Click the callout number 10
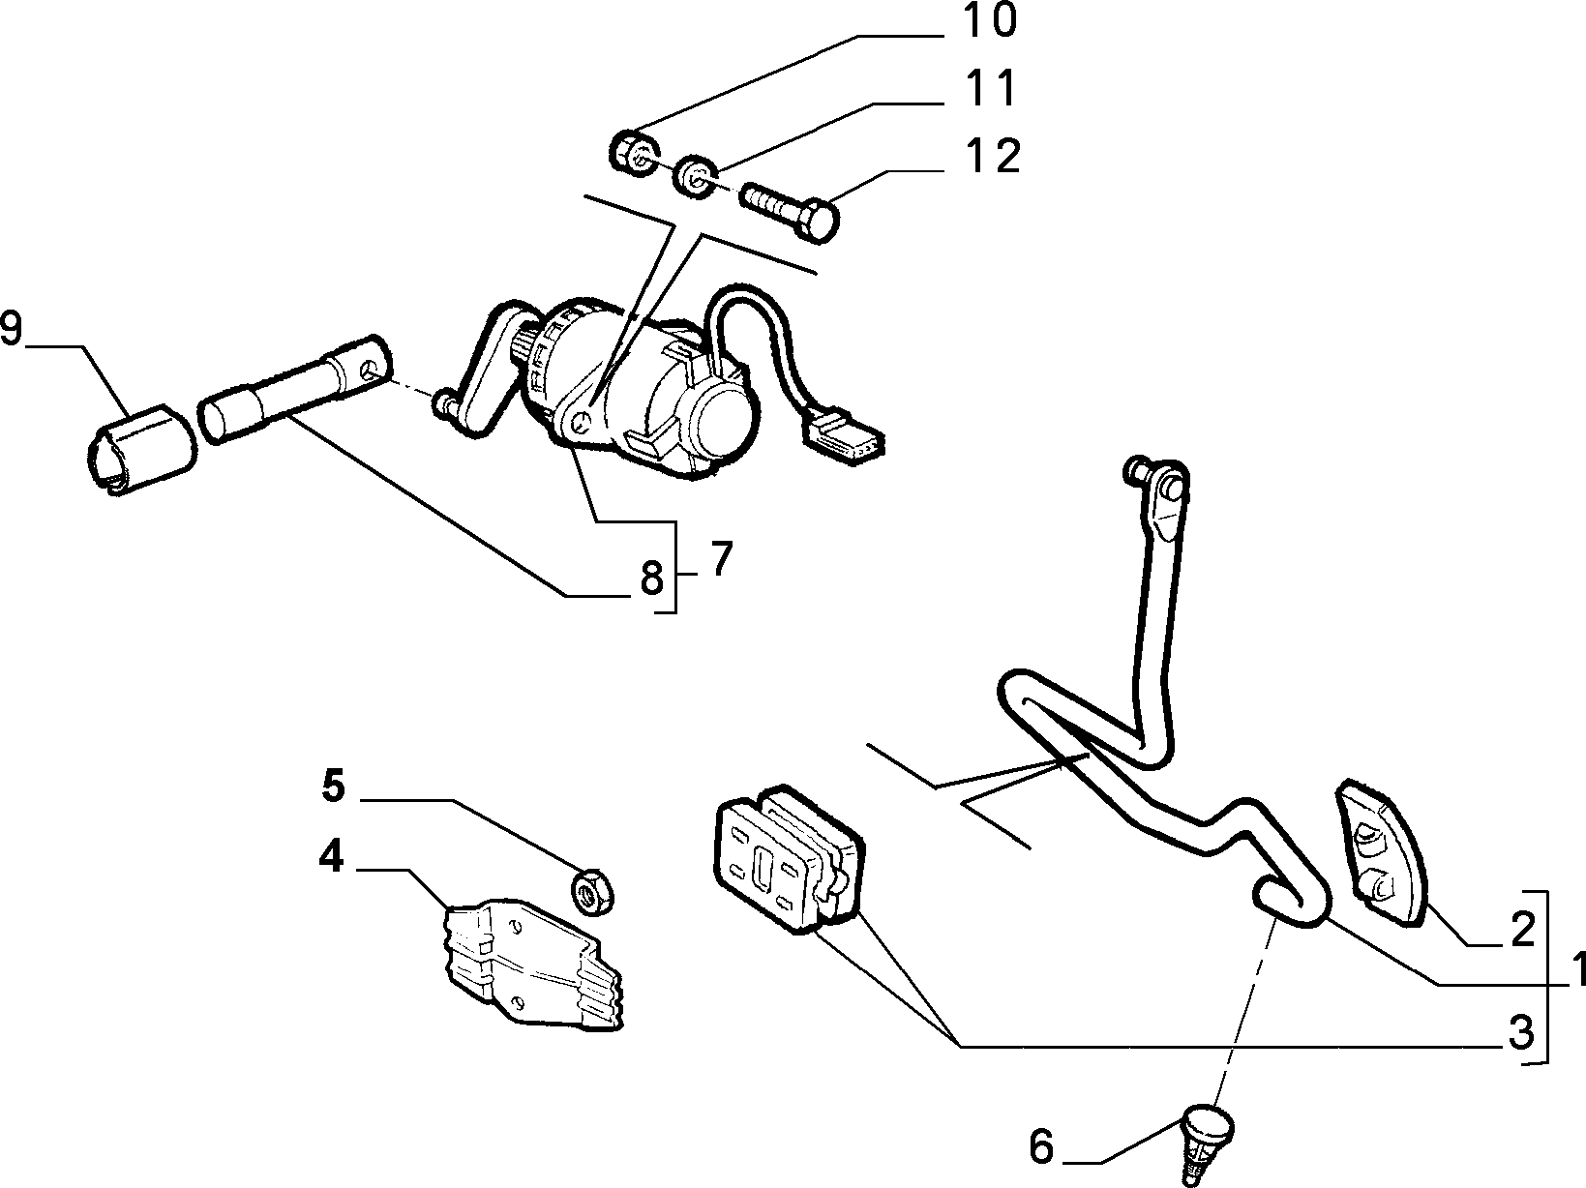(990, 21)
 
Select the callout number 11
(990, 89)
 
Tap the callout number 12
(993, 155)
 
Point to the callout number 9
(11, 329)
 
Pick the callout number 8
(652, 578)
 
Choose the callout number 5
(334, 786)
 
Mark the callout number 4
(332, 857)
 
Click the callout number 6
(1041, 1146)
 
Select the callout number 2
(1522, 930)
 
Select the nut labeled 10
(635, 153)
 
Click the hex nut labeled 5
(592, 892)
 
